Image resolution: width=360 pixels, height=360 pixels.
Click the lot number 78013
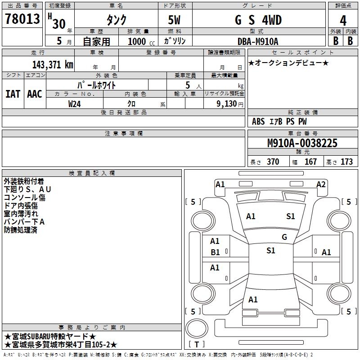pyautogui.click(x=22, y=21)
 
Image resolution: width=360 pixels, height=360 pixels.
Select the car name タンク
pyautogui.click(x=116, y=21)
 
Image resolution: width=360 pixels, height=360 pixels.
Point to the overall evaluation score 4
pyautogui.click(x=343, y=21)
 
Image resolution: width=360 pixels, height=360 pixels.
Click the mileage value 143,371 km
pyautogui.click(x=53, y=64)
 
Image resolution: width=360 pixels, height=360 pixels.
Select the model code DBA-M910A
pyautogui.click(x=258, y=41)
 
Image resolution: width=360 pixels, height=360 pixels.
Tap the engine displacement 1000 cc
pyautogui.click(x=139, y=41)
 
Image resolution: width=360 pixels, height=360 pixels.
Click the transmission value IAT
pyautogui.click(x=13, y=94)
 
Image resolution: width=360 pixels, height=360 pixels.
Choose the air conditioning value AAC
pyautogui.click(x=34, y=94)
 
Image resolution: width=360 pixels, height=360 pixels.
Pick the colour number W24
pyautogui.click(x=75, y=103)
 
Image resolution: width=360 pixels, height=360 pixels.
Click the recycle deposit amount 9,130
pyautogui.click(x=224, y=103)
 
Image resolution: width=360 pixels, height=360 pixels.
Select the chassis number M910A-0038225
pyautogui.click(x=302, y=143)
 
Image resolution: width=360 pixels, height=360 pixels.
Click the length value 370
pyautogui.click(x=273, y=162)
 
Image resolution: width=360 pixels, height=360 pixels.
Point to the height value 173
pyautogui.click(x=346, y=162)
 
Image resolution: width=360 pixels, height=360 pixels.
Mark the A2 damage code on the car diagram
pyautogui.click(x=321, y=184)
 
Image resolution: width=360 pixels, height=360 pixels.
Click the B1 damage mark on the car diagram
pyautogui.click(x=216, y=252)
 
